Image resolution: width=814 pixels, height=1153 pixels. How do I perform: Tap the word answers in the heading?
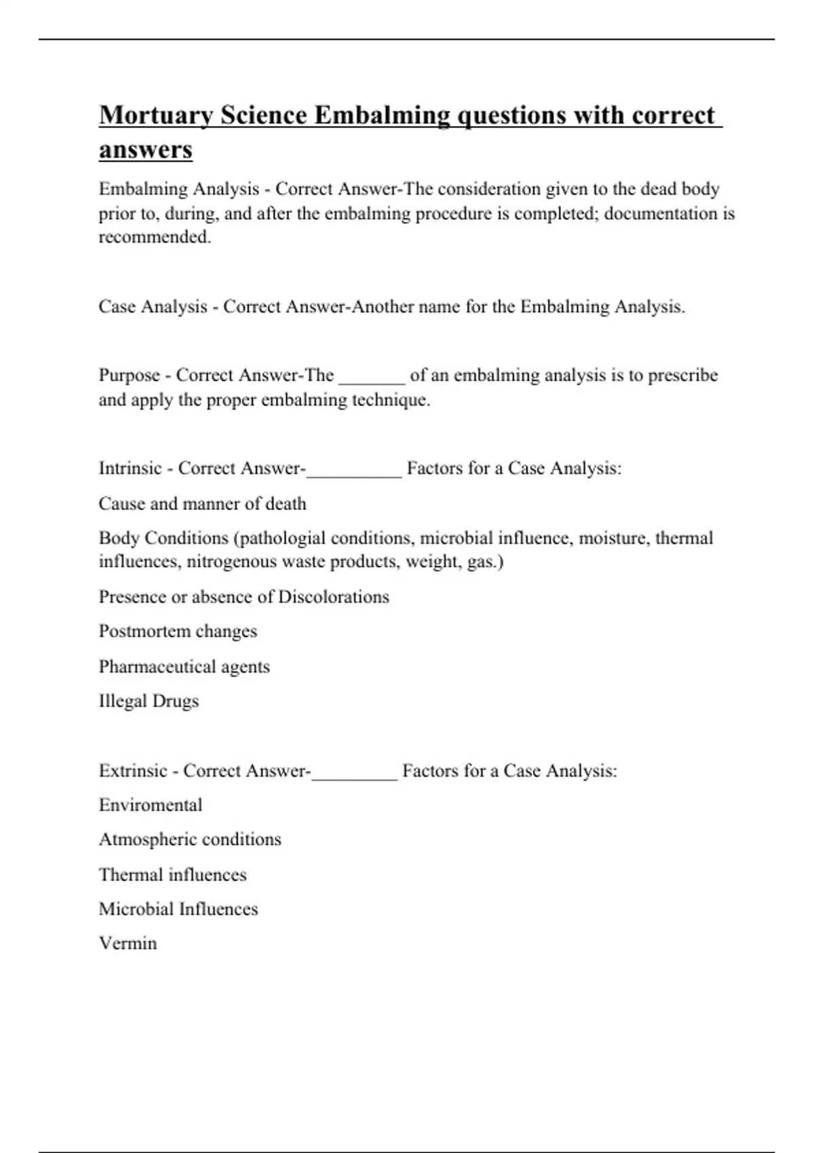pos(146,150)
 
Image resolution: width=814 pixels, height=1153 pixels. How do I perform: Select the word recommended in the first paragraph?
pos(154,237)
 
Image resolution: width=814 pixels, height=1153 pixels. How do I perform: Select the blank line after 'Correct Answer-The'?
pos(372,377)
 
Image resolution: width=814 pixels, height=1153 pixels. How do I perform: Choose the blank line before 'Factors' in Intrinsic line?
pos(354,470)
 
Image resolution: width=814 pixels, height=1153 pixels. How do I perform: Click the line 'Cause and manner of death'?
pos(202,504)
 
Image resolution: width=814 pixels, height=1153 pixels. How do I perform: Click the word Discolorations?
pos(334,597)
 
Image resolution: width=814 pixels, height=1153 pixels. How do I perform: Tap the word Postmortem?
pos(140,631)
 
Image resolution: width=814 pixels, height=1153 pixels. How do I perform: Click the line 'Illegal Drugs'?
pos(149,701)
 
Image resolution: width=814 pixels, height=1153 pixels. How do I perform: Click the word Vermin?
pos(128,943)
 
